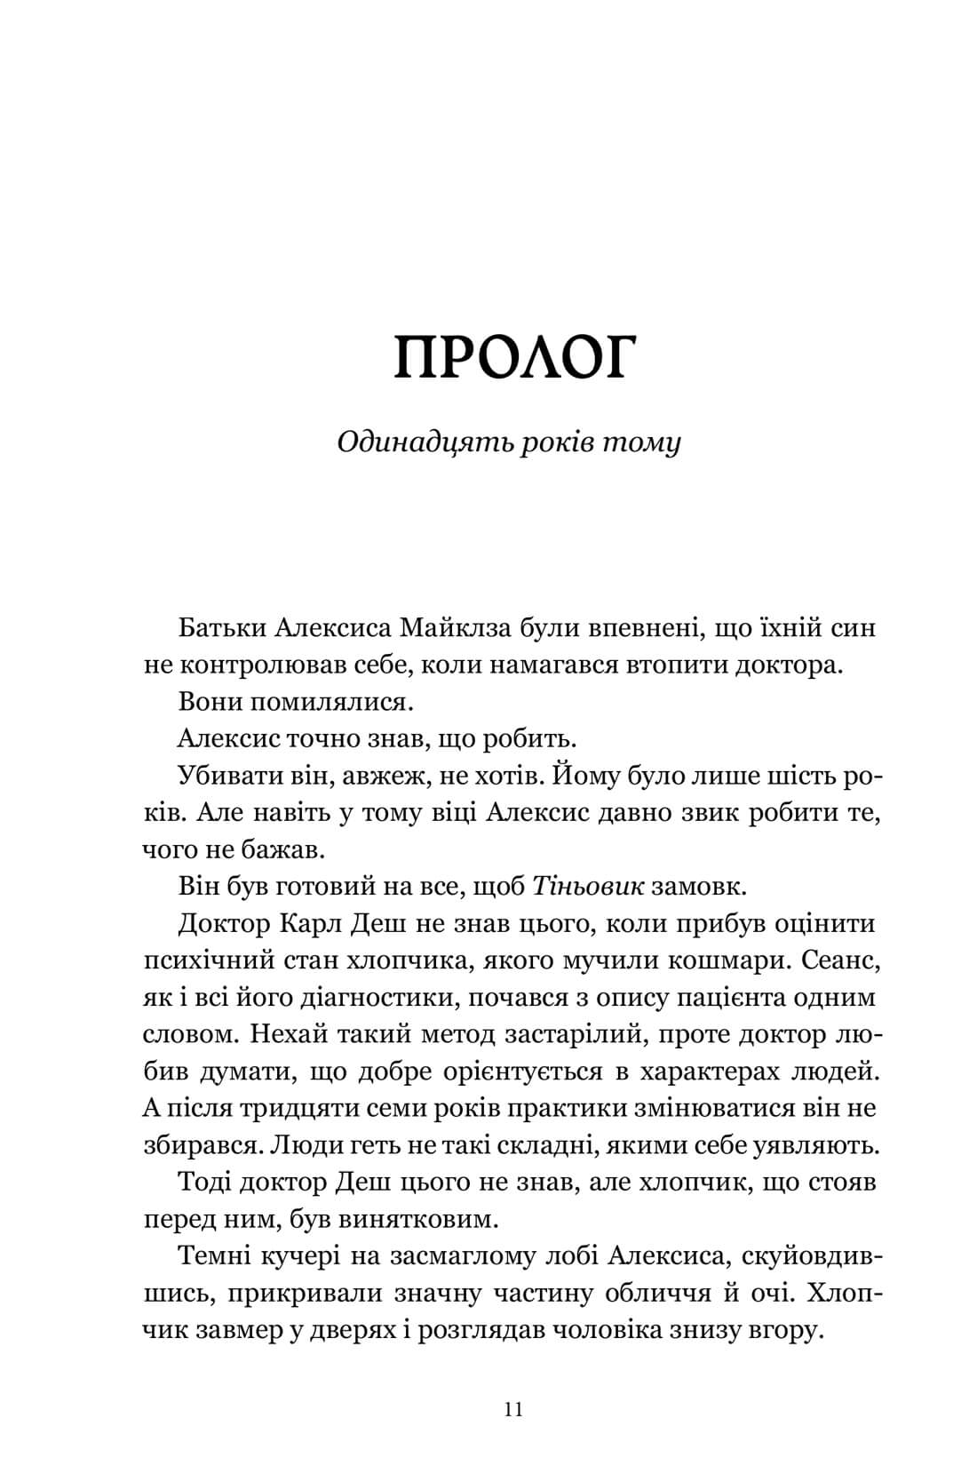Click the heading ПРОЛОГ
[x=515, y=357]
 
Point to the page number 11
[x=512, y=1385]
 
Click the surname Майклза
[x=450, y=628]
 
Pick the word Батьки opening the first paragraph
[x=218, y=628]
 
